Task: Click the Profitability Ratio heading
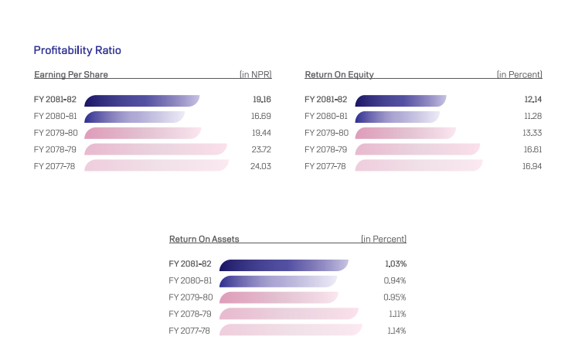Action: point(77,50)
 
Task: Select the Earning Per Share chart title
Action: point(71,75)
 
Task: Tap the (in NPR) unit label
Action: point(255,75)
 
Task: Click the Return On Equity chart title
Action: point(339,75)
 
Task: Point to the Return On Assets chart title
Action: point(204,239)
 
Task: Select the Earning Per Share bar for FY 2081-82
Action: point(141,100)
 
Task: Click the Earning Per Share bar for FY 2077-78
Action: point(156,165)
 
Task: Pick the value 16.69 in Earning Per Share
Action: point(261,117)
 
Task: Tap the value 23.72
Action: point(261,149)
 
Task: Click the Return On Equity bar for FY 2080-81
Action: point(397,117)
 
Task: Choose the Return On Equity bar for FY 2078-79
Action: point(417,149)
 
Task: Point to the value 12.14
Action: point(532,100)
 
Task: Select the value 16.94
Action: point(532,165)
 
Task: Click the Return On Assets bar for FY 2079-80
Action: point(279,297)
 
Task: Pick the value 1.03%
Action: point(396,264)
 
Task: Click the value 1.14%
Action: point(396,331)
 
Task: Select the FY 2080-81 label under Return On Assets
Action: point(190,281)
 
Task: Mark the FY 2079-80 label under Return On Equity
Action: point(326,133)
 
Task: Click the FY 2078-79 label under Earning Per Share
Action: point(56,149)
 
